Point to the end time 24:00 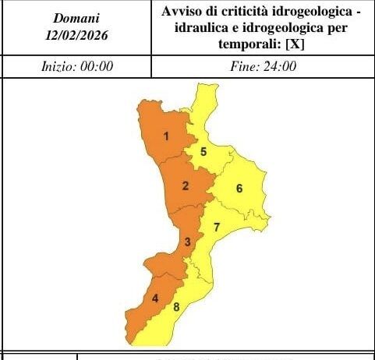274,67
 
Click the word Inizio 59,67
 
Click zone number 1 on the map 166,137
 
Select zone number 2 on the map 185,185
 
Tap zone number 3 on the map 187,242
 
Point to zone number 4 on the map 155,298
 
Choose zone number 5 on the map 203,152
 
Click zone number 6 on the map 239,188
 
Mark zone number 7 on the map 217,228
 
